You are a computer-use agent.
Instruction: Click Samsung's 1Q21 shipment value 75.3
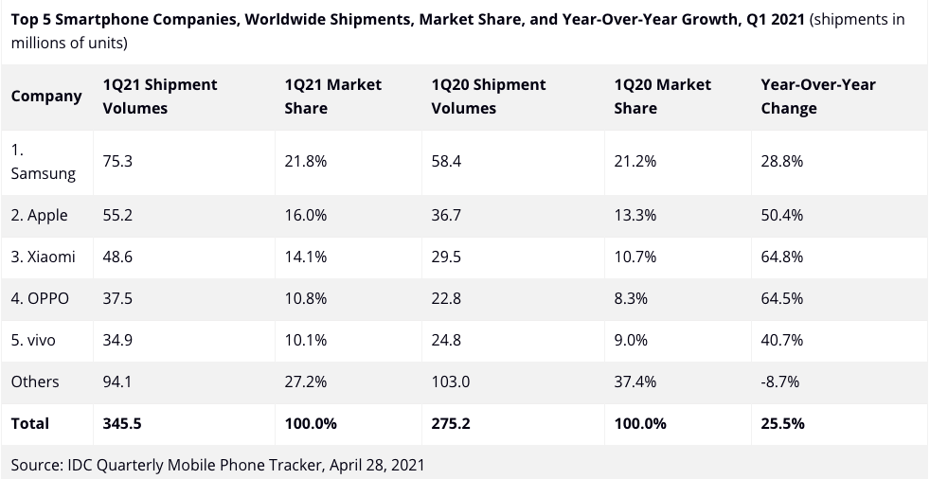[117, 161]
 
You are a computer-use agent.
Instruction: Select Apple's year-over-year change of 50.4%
[781, 215]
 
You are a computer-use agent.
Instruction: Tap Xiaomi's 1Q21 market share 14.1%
[305, 257]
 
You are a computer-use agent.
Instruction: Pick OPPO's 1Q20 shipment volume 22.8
[446, 298]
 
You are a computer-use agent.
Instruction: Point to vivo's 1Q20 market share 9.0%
[631, 340]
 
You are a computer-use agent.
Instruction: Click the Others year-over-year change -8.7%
[779, 381]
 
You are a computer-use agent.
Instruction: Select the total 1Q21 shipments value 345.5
[122, 423]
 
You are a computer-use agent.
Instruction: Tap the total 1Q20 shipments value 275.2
[450, 423]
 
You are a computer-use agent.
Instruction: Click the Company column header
[46, 97]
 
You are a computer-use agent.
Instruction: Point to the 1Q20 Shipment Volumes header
[488, 97]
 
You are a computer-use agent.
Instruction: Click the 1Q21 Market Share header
[332, 97]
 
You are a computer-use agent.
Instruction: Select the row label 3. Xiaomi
[44, 257]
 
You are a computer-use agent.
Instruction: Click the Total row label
[30, 423]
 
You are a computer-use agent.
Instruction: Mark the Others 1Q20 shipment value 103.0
[450, 381]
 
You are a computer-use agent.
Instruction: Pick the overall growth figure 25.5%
[782, 423]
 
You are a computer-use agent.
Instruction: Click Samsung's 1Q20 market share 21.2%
[635, 161]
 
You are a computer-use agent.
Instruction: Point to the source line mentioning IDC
[218, 465]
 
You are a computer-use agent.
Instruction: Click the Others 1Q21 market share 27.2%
[305, 381]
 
